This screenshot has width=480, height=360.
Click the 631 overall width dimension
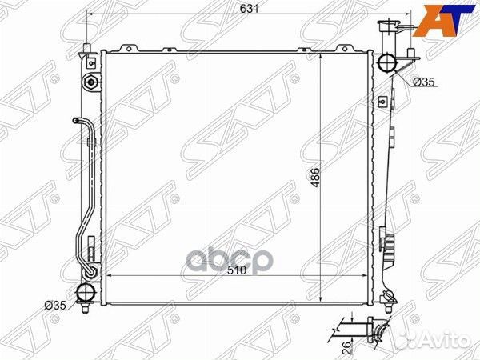pos(249,9)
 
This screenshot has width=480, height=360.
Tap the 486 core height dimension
pos(315,178)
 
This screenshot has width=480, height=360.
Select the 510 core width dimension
pos(237,270)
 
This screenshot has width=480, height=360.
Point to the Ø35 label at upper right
pos(424,82)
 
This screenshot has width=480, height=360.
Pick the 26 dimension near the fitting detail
pos(346,348)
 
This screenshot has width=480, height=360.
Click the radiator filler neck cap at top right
pos(388,24)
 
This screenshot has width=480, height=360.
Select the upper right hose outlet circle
pos(387,62)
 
